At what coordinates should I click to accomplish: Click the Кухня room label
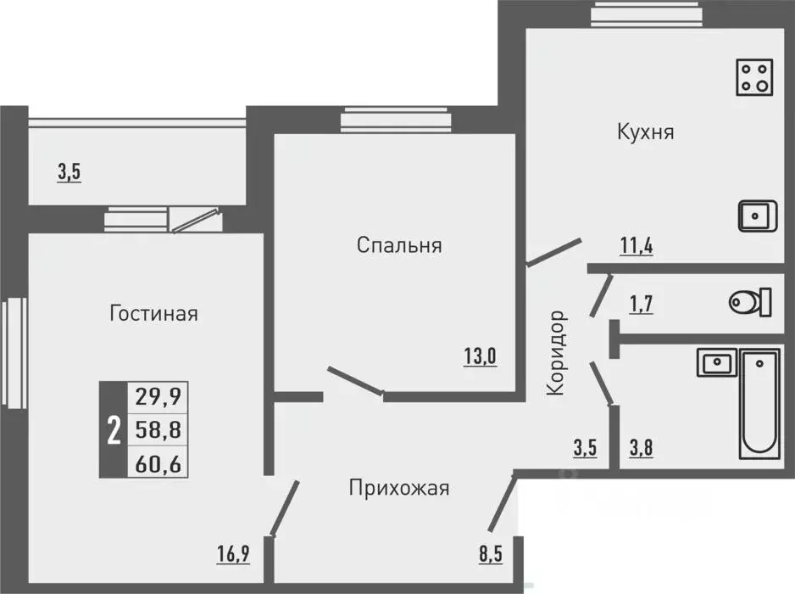(646, 132)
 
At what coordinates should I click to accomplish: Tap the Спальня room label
(399, 246)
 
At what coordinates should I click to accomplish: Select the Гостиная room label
(153, 314)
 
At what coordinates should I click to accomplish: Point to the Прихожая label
(398, 488)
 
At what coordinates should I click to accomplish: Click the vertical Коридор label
(556, 352)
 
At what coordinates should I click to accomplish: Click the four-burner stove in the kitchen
(754, 76)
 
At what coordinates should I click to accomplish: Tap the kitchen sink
(754, 216)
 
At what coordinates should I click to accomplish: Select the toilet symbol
(749, 301)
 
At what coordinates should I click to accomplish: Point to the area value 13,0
(479, 356)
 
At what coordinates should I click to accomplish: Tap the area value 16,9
(234, 556)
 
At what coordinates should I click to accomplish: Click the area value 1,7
(640, 302)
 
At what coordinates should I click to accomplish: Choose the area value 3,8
(640, 446)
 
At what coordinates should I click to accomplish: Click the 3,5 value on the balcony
(69, 173)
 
